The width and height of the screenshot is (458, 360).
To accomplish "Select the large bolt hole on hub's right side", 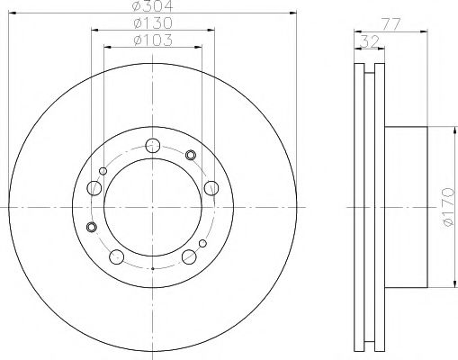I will tap(211, 187).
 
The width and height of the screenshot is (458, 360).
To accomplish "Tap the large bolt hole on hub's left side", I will tap(94, 188).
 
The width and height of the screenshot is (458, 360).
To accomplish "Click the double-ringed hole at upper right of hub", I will tap(191, 156).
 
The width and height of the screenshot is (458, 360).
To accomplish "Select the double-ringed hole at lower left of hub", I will tap(90, 227).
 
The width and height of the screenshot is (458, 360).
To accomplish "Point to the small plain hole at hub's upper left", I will tap(104, 169).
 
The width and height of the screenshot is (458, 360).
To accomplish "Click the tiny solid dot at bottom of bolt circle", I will tap(153, 268).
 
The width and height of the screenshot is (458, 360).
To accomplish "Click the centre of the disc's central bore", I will tap(153, 207).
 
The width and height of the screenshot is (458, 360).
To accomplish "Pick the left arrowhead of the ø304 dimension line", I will tap(12, 13).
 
